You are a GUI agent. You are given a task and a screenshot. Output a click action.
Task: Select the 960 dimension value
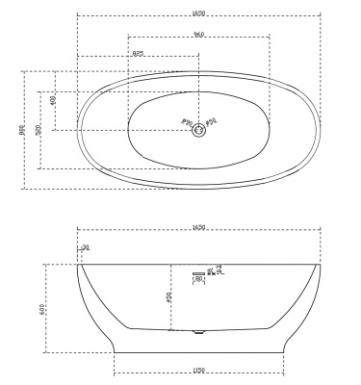pos(198,36)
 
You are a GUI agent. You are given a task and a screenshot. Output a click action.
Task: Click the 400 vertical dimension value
pos(54,100)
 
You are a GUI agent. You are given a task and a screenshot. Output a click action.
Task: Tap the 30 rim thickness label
pos(87,248)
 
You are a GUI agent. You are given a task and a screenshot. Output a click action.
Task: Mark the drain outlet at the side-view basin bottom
pos(199,334)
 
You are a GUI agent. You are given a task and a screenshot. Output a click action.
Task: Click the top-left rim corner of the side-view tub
pos(78,264)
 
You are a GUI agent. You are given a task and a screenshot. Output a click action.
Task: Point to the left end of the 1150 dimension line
pos(114,375)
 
